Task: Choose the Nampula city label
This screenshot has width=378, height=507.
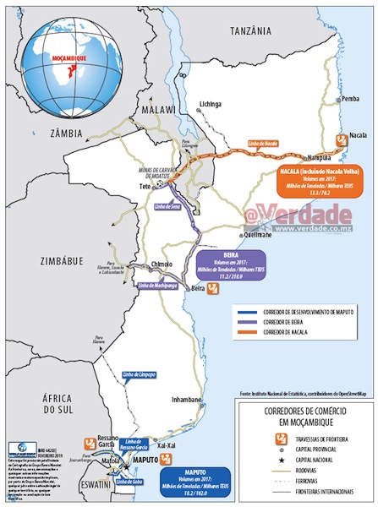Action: (295, 157)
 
